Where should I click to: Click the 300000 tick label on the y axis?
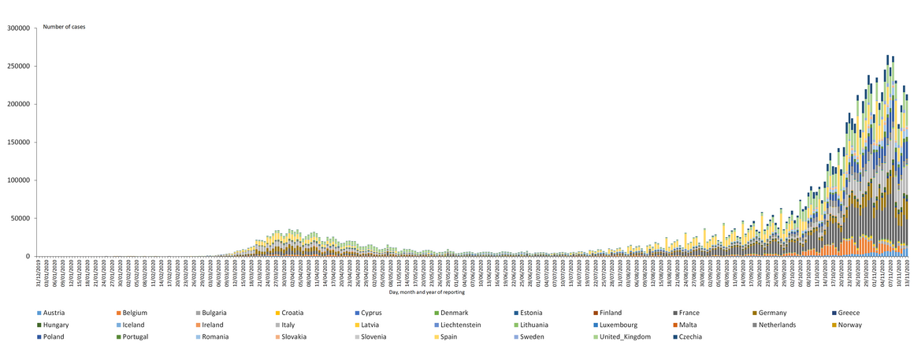point(17,28)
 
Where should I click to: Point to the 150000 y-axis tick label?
point(17,142)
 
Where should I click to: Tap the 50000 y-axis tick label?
point(20,218)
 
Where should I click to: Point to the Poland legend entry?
point(54,336)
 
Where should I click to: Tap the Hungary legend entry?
point(57,325)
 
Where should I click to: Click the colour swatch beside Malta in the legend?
point(676,325)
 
